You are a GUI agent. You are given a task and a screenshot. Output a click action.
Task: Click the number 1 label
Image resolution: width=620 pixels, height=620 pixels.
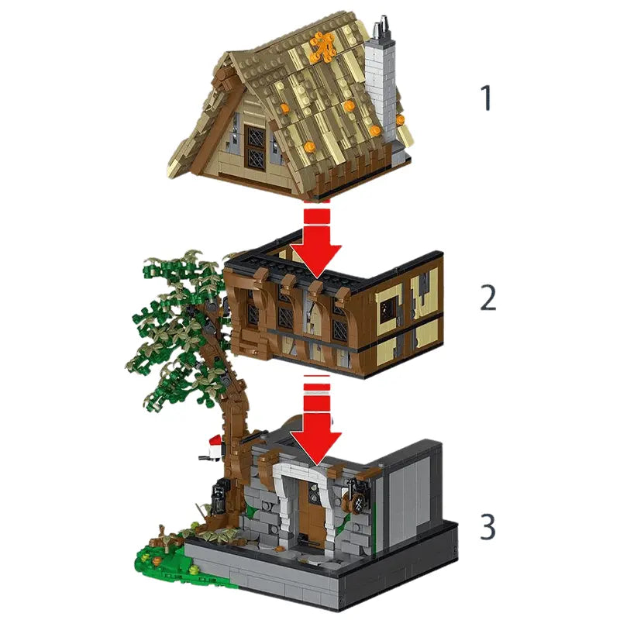pos(487,98)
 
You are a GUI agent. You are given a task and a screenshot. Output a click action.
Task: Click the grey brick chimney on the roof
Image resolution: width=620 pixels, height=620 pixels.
pos(381,91)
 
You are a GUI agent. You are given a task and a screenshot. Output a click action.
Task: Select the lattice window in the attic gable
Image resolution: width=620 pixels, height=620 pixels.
pos(255,148)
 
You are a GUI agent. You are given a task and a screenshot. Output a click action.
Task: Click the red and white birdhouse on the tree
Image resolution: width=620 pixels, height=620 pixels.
pos(215,447)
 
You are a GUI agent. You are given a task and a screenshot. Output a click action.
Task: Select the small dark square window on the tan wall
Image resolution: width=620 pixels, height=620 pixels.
pos(388,309)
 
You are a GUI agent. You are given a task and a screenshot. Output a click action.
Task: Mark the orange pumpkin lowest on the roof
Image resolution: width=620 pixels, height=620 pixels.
pos(309,147)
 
